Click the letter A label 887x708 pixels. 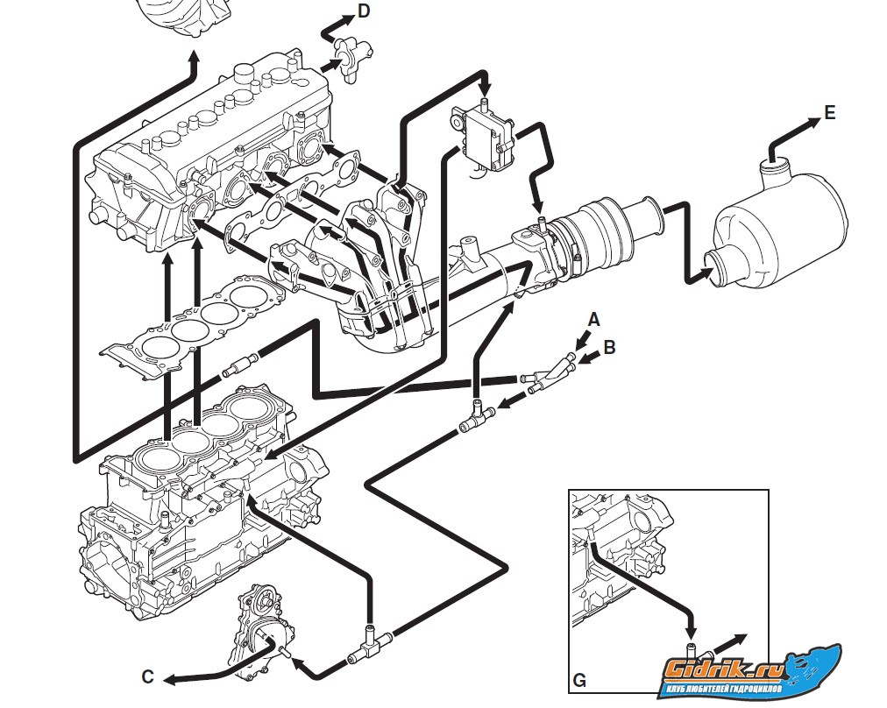coord(594,320)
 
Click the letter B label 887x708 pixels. coord(610,347)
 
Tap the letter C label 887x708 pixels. coord(147,676)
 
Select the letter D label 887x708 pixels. coord(364,11)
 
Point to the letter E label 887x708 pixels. coord(829,113)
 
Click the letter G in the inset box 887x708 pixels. coord(579,679)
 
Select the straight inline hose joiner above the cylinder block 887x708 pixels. coord(239,365)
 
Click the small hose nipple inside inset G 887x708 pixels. coord(692,649)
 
